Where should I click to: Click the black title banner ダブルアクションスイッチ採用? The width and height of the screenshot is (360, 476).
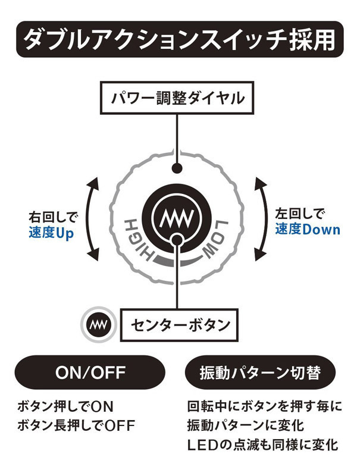(180, 39)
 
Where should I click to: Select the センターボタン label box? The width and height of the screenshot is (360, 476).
(180, 325)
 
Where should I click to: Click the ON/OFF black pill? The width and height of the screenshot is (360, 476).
(90, 372)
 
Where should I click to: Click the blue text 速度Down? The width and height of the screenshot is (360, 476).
(308, 229)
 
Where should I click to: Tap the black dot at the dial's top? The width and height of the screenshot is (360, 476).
(176, 168)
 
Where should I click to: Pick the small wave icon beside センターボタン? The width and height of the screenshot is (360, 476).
(96, 324)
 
